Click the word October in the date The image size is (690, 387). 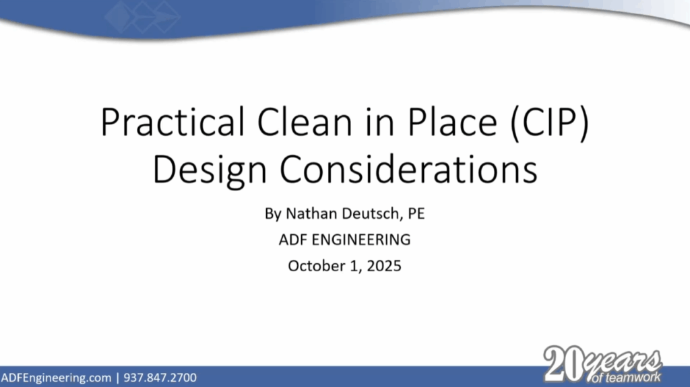click(315, 265)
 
